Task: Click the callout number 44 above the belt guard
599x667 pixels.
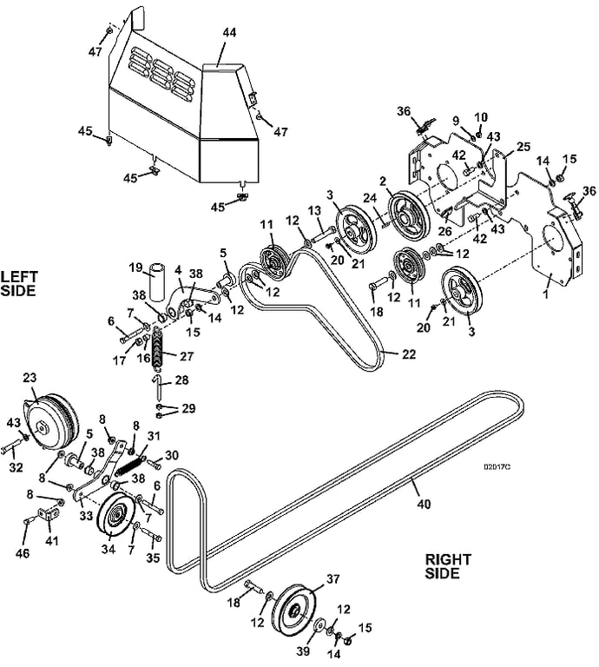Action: pos(229,33)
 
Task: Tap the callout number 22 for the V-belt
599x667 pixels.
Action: pos(409,354)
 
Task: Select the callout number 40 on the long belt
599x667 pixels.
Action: pos(424,504)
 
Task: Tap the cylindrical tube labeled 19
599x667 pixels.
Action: pos(157,282)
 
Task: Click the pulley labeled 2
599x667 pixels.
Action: pos(408,218)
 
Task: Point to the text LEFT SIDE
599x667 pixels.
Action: pos(19,284)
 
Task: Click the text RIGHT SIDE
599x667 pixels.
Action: pos(448,566)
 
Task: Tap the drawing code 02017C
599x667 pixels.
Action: pos(497,466)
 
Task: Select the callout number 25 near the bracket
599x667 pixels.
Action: pos(523,146)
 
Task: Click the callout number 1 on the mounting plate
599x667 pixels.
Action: pos(546,293)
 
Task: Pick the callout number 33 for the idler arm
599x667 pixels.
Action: pos(86,516)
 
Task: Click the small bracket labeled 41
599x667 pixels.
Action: pos(48,514)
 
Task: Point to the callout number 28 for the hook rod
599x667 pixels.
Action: pos(181,380)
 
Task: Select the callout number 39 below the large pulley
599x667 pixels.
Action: pos(303,650)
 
